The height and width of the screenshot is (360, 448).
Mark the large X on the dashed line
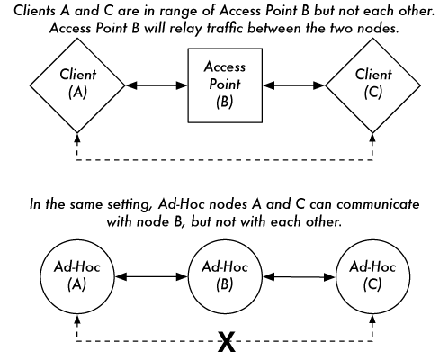click(227, 341)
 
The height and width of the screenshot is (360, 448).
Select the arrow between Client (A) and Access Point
click(157, 85)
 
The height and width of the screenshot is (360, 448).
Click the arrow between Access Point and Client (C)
click(294, 85)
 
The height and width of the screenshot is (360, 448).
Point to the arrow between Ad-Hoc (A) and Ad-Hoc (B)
click(151, 276)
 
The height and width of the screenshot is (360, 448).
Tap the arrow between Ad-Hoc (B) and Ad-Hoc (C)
click(299, 277)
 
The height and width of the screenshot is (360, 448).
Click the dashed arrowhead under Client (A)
click(77, 138)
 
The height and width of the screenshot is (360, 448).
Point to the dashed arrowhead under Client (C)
click(372, 138)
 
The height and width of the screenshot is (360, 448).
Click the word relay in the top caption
click(186, 29)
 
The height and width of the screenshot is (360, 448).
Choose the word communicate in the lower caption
click(378, 204)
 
